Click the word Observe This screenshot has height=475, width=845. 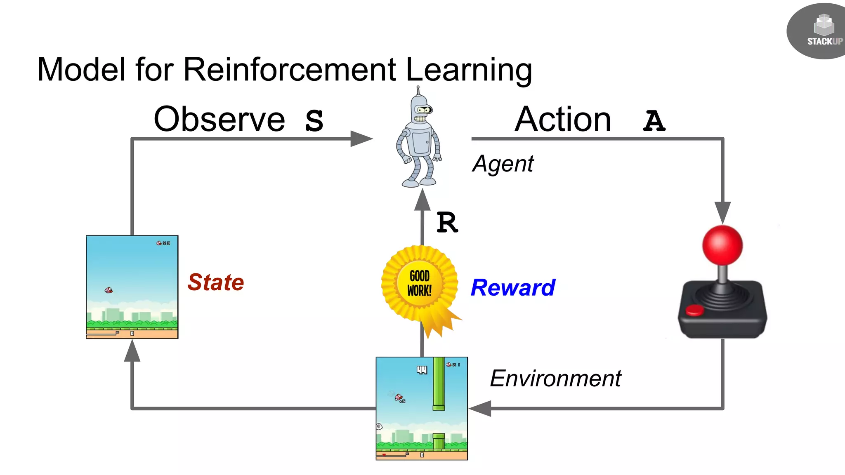coord(219,120)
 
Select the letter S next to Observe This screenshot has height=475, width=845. coord(314,121)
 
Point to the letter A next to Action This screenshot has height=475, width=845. coord(654,121)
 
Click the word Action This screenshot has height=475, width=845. coord(563,120)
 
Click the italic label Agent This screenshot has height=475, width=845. coord(503,164)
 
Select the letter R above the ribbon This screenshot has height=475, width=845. coord(447,223)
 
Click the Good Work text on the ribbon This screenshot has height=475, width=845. coord(420,283)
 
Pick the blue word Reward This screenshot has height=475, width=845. coord(513,288)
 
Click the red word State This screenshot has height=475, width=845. coord(216,282)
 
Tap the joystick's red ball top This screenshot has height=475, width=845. coord(722,245)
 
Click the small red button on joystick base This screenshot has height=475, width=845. coord(694,310)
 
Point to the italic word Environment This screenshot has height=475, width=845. coord(555,379)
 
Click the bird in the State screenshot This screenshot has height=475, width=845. coord(109,290)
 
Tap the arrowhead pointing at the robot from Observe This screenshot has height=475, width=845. coord(361,139)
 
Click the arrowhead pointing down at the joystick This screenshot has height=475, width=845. coord(722,212)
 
